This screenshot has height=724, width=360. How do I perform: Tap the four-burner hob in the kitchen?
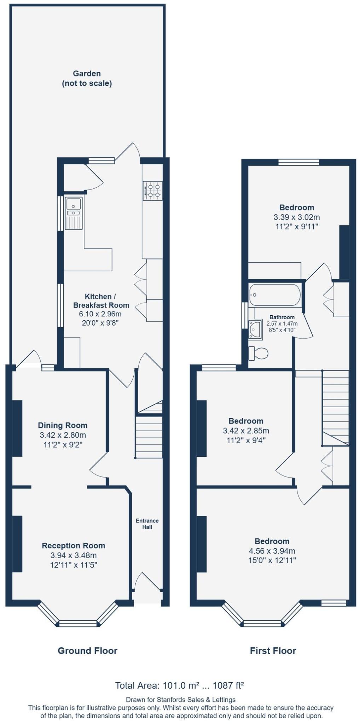coord(152,191)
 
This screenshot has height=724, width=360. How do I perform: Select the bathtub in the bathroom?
coord(274,294)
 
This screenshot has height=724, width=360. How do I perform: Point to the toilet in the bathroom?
coord(258,353)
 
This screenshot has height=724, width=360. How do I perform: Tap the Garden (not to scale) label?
coord(87,78)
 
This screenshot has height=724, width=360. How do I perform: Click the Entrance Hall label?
coord(147,524)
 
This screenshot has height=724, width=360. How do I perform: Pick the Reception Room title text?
coord(74,545)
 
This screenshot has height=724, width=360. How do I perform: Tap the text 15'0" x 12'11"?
coord(272,560)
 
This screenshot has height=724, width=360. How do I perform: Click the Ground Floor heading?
coord(87,650)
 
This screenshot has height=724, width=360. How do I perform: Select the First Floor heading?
coord(273,650)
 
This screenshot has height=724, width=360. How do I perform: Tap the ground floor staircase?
coord(149,437)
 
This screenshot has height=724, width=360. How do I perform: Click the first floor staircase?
coord(335,407)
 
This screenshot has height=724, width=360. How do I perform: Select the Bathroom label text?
coord(282,317)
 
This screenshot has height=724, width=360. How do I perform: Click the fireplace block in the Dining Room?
coord(17,428)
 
